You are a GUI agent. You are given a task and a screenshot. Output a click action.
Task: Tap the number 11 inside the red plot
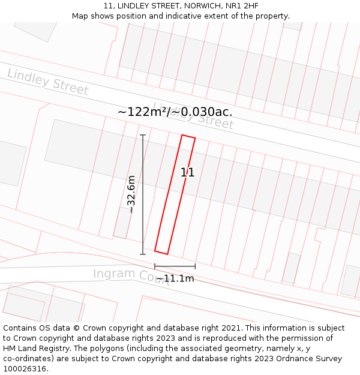click(x=187, y=173)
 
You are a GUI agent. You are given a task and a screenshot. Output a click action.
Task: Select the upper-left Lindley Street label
click(x=48, y=82)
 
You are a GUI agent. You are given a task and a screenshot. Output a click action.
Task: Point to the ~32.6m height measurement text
click(x=131, y=194)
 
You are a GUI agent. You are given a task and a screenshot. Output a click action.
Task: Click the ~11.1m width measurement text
click(x=175, y=278)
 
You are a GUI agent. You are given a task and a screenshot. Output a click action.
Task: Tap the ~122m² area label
click(x=175, y=112)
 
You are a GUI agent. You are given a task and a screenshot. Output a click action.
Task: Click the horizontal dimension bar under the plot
click(x=175, y=266)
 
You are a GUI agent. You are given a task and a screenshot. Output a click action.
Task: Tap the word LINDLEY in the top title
click(x=137, y=6)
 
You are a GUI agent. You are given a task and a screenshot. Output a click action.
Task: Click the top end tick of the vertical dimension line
click(x=143, y=135)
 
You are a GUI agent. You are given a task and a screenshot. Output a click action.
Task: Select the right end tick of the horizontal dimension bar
click(x=195, y=266)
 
